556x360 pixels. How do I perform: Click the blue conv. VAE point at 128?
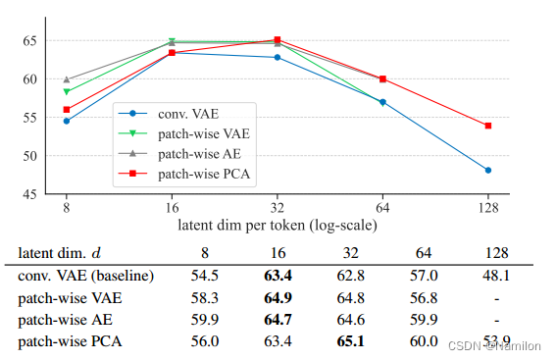pyautogui.click(x=487, y=171)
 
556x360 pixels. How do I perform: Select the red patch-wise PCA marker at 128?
pyautogui.click(x=487, y=126)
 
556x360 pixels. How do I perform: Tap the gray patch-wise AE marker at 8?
pyautogui.click(x=67, y=79)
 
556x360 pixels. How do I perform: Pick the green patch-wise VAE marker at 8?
pyautogui.click(x=67, y=92)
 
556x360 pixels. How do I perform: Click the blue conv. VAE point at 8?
pyautogui.click(x=67, y=121)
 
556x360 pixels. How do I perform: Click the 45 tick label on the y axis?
pyautogui.click(x=29, y=194)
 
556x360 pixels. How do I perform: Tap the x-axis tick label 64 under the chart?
pyautogui.click(x=382, y=208)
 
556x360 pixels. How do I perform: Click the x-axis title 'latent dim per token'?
pyautogui.click(x=278, y=225)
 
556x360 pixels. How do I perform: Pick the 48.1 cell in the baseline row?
pyautogui.click(x=488, y=276)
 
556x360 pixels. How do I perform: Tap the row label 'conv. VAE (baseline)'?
pyautogui.click(x=85, y=276)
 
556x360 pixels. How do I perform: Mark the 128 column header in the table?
pyautogui.click(x=488, y=253)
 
